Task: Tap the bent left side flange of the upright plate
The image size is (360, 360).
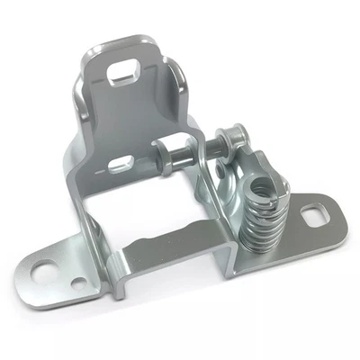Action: coord(79,135)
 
